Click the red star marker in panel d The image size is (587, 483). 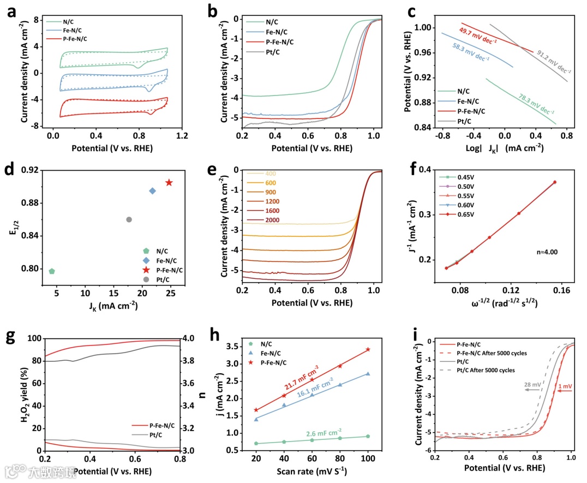(x=169, y=182)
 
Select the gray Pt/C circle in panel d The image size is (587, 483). (x=129, y=219)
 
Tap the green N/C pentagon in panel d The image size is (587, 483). (x=52, y=271)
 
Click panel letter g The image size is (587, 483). (x=11, y=338)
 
